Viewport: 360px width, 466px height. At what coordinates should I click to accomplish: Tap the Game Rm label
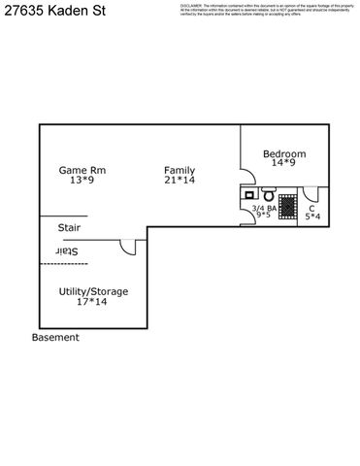pos(82,170)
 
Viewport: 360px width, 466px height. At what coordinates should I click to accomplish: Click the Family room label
pos(180,170)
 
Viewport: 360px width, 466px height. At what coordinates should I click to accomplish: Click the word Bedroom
pos(284,153)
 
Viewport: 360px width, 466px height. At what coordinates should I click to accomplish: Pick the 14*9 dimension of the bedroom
pos(284,164)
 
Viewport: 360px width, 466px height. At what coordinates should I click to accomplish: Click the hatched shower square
pos(286,205)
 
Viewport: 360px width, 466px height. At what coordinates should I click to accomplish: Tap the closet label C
pos(311,208)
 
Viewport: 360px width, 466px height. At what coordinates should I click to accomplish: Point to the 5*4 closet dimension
pos(311,216)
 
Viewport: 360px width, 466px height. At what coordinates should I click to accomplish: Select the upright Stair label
pos(69,228)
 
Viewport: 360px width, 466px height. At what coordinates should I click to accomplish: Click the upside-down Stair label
pos(67,251)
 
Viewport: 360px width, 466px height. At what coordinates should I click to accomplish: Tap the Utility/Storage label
pos(93,291)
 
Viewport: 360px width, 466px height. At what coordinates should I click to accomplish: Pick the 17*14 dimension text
pos(92,302)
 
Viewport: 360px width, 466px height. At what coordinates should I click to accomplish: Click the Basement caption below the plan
pos(55,338)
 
